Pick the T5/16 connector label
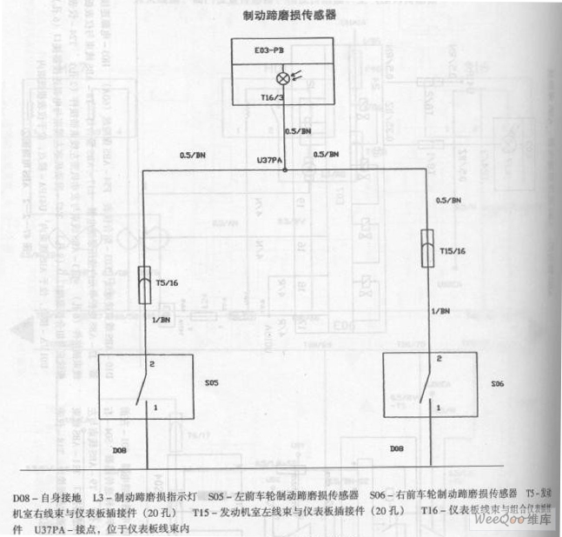pyautogui.click(x=167, y=282)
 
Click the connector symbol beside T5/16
pyautogui.click(x=145, y=284)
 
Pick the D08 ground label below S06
pyautogui.click(x=397, y=449)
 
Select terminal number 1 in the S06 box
pyautogui.click(x=438, y=407)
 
